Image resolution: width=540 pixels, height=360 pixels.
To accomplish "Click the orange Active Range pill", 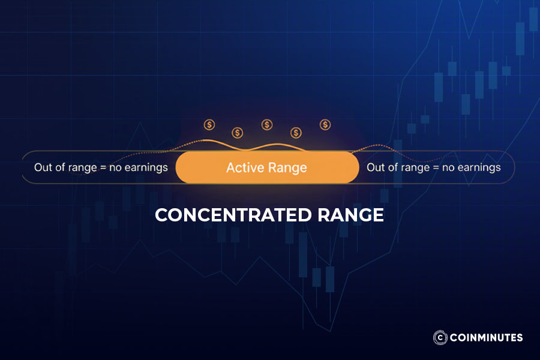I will point(267,167).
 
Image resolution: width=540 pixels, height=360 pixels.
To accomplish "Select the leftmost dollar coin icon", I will point(209,125).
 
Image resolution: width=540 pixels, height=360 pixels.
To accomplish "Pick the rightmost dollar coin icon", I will point(325,125).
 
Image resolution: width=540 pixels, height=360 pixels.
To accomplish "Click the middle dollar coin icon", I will point(267,125).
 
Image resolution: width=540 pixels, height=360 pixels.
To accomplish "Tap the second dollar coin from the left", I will point(238,132).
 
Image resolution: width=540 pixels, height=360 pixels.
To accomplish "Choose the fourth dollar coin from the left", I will point(296,132).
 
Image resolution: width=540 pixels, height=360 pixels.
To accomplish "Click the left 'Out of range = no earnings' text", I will point(101,167).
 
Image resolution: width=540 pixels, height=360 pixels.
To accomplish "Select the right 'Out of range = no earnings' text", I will point(433,167).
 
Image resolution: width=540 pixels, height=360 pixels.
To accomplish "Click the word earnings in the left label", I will point(146,167).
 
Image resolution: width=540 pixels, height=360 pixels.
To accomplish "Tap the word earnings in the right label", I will point(479,167).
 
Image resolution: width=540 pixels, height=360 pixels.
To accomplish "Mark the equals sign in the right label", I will point(435,168).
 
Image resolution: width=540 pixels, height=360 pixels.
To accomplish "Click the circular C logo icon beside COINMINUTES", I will point(439,337).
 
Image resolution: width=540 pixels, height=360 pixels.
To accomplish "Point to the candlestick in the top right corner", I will point(533,18).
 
